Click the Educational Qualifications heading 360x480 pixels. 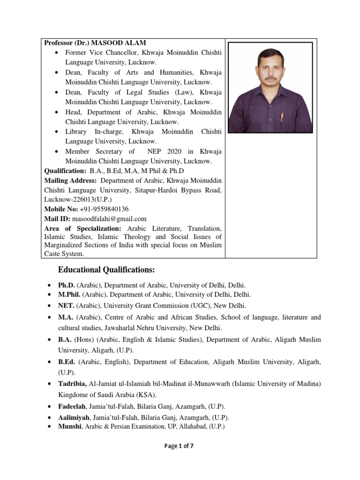[x=106, y=270]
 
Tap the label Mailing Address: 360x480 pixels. [x=71, y=180]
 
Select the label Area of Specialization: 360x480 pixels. [x=82, y=228]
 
